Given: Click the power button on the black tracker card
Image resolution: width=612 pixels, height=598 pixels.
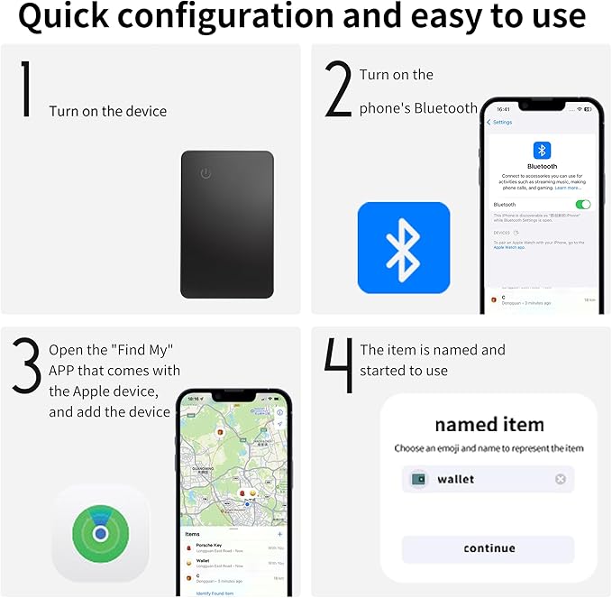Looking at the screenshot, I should click(x=206, y=173).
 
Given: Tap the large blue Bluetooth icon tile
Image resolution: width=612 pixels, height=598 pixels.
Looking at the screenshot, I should click(x=403, y=247).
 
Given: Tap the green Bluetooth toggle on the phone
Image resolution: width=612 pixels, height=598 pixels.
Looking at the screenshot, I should click(x=583, y=205).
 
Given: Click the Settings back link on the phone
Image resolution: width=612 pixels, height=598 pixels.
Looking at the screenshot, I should click(x=499, y=122).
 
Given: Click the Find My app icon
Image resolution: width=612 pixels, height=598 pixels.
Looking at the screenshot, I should click(x=100, y=533).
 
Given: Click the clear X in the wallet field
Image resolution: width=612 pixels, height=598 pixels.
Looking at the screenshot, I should click(x=560, y=479).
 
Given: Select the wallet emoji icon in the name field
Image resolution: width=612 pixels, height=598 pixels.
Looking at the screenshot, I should click(x=419, y=479).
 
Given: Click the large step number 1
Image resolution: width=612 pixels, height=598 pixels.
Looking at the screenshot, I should click(x=26, y=90).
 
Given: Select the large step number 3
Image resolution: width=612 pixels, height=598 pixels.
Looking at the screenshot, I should click(x=27, y=365).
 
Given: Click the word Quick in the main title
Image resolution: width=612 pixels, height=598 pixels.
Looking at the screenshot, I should click(x=70, y=17).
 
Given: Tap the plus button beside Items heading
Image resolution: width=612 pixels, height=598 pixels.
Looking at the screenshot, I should click(x=280, y=534).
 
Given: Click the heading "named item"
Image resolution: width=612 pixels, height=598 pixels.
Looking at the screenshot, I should click(x=489, y=424).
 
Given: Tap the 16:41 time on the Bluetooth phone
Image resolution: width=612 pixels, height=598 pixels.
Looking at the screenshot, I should click(x=501, y=108).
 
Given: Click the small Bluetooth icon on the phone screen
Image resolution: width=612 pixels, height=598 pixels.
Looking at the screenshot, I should click(x=542, y=150).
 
